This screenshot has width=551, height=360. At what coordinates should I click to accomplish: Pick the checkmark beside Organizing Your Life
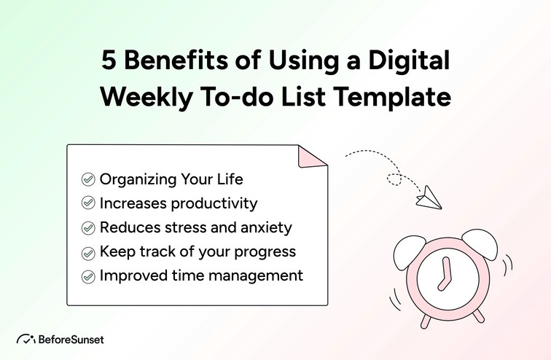[x=88, y=179]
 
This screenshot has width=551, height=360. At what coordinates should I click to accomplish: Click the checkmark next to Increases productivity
[x=88, y=203]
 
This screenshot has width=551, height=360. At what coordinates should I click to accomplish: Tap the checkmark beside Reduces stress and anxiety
[x=88, y=228]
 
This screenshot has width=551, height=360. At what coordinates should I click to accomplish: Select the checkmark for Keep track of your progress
[x=88, y=252]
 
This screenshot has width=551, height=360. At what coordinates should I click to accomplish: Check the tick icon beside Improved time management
[x=88, y=277]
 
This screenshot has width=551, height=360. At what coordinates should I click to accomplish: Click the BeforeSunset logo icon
[x=26, y=339]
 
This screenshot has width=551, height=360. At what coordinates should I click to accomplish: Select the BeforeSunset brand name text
[x=71, y=340]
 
